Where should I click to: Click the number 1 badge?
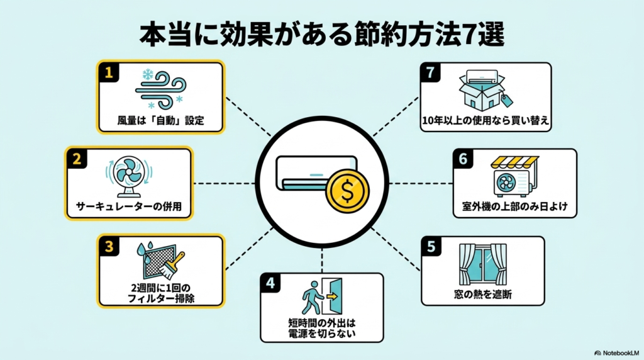[x=109, y=72]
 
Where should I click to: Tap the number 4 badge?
[x=270, y=283]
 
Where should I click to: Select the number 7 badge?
[x=430, y=72]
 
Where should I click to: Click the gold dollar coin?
[x=347, y=191]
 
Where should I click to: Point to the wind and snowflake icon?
[x=160, y=90]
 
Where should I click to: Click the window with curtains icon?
[x=482, y=264]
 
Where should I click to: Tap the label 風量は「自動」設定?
[x=160, y=121]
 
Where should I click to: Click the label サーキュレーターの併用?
[x=128, y=206]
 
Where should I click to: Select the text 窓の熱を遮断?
[x=482, y=295]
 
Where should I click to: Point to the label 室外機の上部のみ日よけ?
[x=514, y=206]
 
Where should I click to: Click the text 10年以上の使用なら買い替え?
[x=486, y=121]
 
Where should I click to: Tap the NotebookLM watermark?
[x=617, y=353]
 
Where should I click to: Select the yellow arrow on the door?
[x=332, y=296]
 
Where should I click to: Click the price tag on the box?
[x=506, y=100]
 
